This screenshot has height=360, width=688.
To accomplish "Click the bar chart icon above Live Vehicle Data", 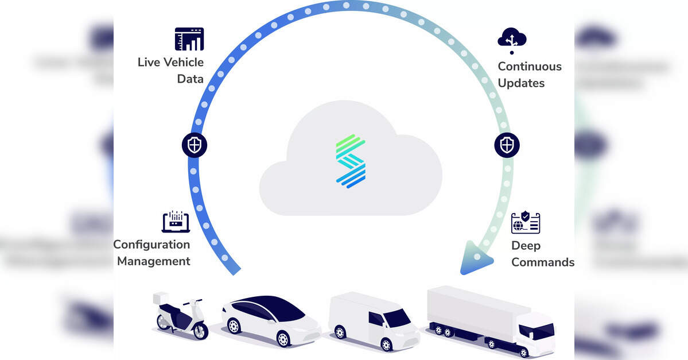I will tap(189, 39).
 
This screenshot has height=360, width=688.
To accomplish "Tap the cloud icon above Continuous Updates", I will tap(512, 39).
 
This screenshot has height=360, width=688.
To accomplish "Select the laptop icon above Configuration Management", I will tap(176, 222).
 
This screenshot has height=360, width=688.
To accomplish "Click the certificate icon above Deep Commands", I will tap(526, 223).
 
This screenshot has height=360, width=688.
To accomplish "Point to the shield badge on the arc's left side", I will tap(195, 145).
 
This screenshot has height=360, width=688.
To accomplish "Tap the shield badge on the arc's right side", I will tap(507, 145).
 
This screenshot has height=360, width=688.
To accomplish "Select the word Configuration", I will tap(151, 245).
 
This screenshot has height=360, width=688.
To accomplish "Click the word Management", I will tap(154, 261).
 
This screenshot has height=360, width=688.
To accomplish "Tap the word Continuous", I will tap(530, 66).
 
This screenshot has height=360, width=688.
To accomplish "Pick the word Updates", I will tap(521, 83).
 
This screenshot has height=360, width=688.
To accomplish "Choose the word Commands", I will tap(543, 262).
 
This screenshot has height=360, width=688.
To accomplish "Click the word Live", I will tap(148, 62).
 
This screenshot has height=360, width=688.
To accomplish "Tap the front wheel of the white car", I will tap(282, 337).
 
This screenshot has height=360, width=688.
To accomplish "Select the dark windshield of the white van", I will tap(397, 317).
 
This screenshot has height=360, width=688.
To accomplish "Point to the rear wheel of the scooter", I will tap(164, 323).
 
